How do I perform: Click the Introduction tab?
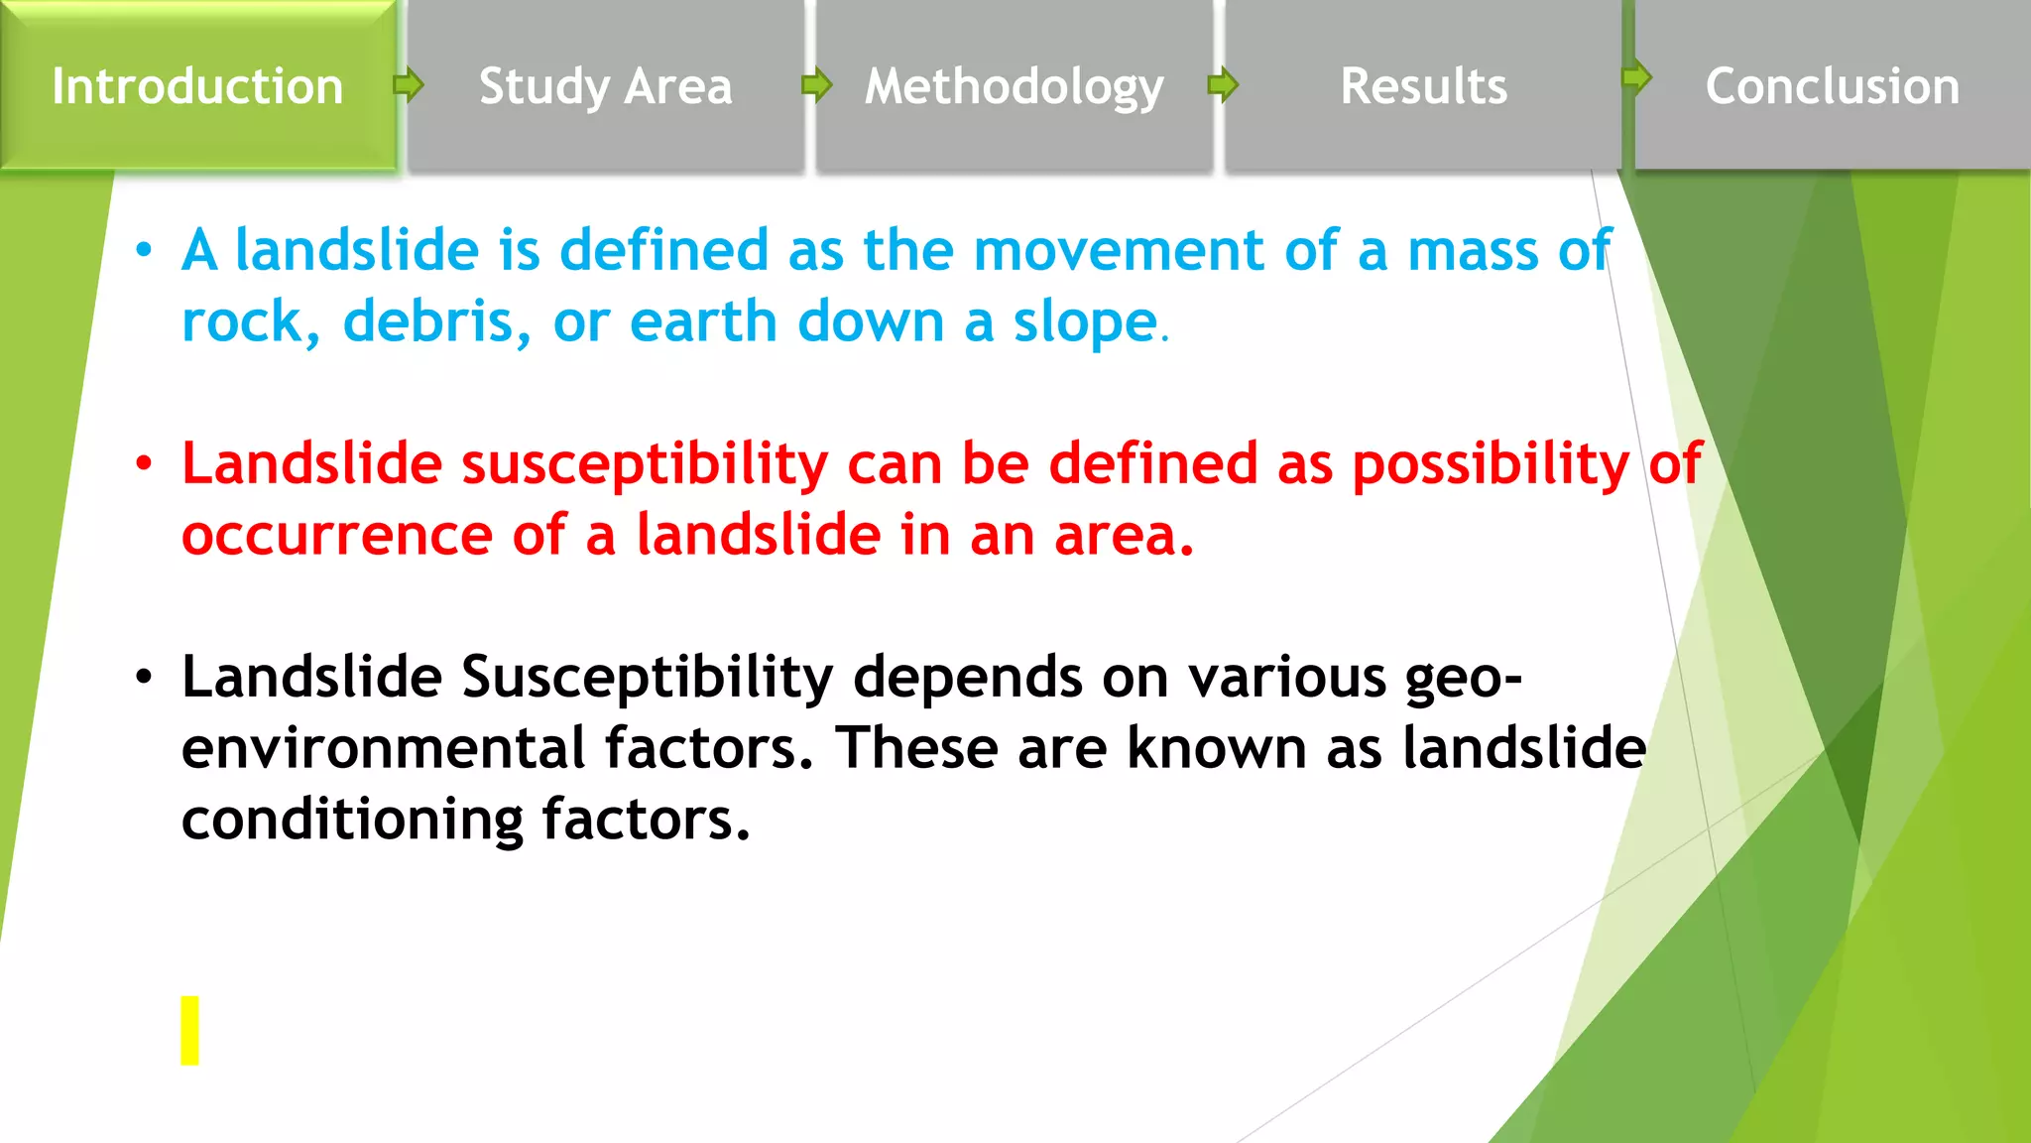[197, 86]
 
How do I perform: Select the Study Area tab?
[605, 86]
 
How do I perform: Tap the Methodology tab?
[1014, 86]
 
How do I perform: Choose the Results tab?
[1423, 86]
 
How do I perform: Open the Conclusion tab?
[1832, 86]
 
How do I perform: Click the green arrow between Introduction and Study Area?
[409, 85]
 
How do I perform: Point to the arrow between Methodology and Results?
[1224, 85]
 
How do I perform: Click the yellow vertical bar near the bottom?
[189, 1030]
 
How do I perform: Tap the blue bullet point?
[145, 250]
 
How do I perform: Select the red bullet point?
[145, 463]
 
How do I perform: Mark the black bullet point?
[145, 678]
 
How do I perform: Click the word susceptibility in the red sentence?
[645, 464]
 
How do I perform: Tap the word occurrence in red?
[337, 536]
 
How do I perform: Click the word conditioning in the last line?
[352, 820]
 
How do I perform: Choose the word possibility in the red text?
[1491, 464]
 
